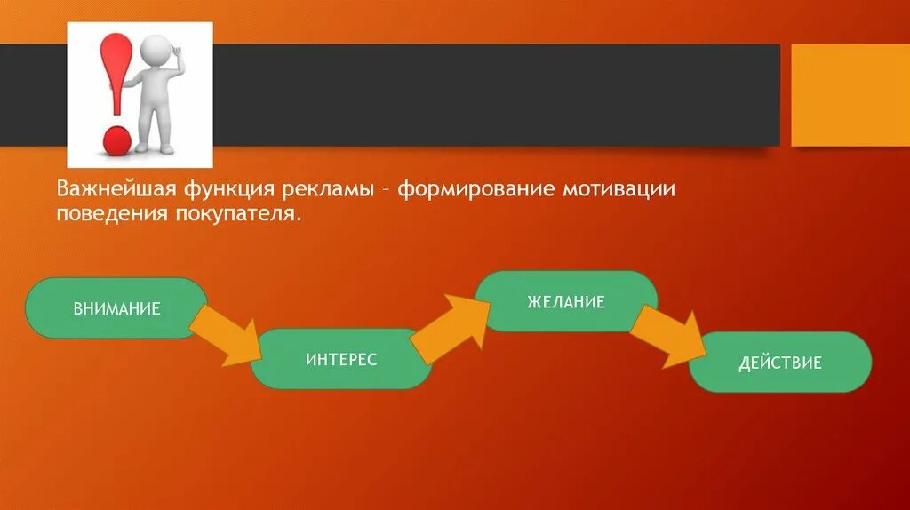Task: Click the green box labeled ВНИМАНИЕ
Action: pos(116,308)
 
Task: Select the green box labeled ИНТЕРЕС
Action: pos(341,359)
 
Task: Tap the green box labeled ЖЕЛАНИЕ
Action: pos(566,301)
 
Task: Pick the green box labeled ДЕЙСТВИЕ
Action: pos(780,363)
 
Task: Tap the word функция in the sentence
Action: pos(230,190)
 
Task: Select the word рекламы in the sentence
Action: pos(329,190)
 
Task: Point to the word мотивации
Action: pos(621,190)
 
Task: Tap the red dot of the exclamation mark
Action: pos(116,139)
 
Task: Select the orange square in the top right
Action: pos(850,95)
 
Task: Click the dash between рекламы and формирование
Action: pos(384,190)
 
